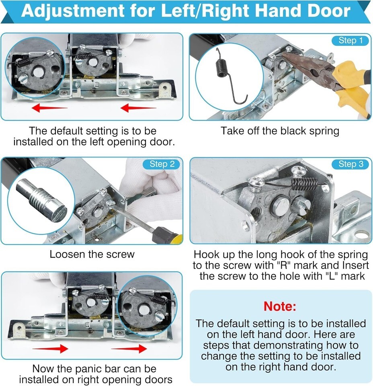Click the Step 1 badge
(x=350, y=40)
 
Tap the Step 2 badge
(x=162, y=164)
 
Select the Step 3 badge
(x=350, y=164)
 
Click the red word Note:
(x=280, y=306)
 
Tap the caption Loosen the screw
(x=92, y=254)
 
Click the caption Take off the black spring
(x=280, y=131)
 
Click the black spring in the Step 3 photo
(x=304, y=184)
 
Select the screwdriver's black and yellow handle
(x=167, y=236)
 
